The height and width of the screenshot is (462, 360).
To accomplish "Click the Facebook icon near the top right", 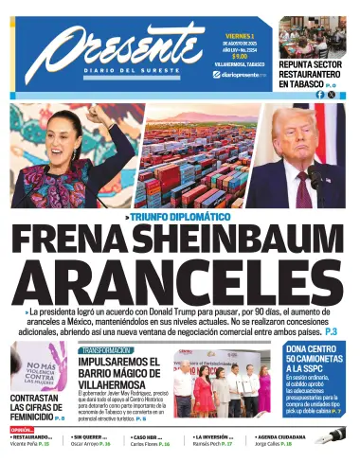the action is [x=320, y=94].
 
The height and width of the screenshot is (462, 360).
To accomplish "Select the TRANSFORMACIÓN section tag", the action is [x=103, y=349].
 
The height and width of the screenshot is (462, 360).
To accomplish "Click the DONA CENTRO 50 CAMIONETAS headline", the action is [x=315, y=361].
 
